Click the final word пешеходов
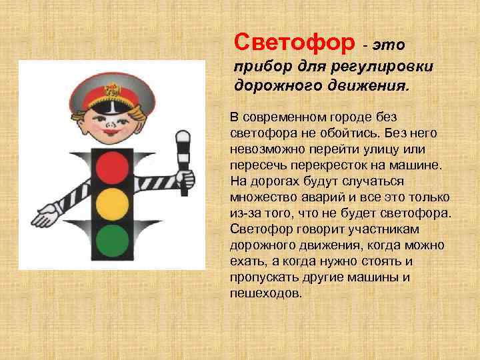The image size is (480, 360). point(266,293)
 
